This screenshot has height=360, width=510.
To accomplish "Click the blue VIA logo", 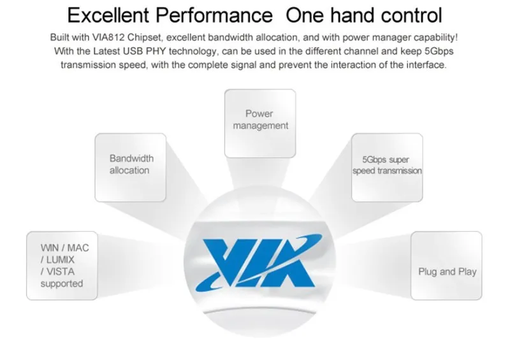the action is point(259,262).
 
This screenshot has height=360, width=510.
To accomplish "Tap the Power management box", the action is point(260,124).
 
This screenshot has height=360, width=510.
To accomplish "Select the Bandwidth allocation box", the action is point(131,168).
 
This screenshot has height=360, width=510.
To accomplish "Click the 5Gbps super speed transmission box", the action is point(387,168).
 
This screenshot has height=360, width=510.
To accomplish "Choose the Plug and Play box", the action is point(446,266).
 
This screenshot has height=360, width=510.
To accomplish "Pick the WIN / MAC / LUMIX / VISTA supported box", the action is point(62,266).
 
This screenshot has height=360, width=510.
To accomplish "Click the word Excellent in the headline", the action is point(108,15).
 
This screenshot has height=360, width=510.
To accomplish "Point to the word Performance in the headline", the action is point(214,15).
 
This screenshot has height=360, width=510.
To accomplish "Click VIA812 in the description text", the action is point(108,38).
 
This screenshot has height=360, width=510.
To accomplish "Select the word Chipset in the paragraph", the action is point(146,38).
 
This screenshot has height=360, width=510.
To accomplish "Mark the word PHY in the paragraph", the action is point(156,51).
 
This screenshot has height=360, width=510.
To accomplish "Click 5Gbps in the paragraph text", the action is point(439,52).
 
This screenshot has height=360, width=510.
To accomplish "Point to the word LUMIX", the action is point(61,260).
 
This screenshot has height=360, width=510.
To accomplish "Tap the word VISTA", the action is point(61,271).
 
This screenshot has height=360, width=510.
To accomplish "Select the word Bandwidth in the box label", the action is point(131,159).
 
